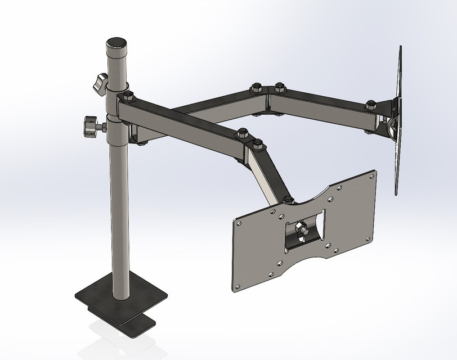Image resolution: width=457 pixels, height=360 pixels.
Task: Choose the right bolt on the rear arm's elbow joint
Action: click(x=279, y=87)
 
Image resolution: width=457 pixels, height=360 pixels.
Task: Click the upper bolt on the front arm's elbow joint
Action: click(x=243, y=133)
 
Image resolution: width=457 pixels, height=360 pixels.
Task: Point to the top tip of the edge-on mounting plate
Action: click(x=400, y=48)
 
